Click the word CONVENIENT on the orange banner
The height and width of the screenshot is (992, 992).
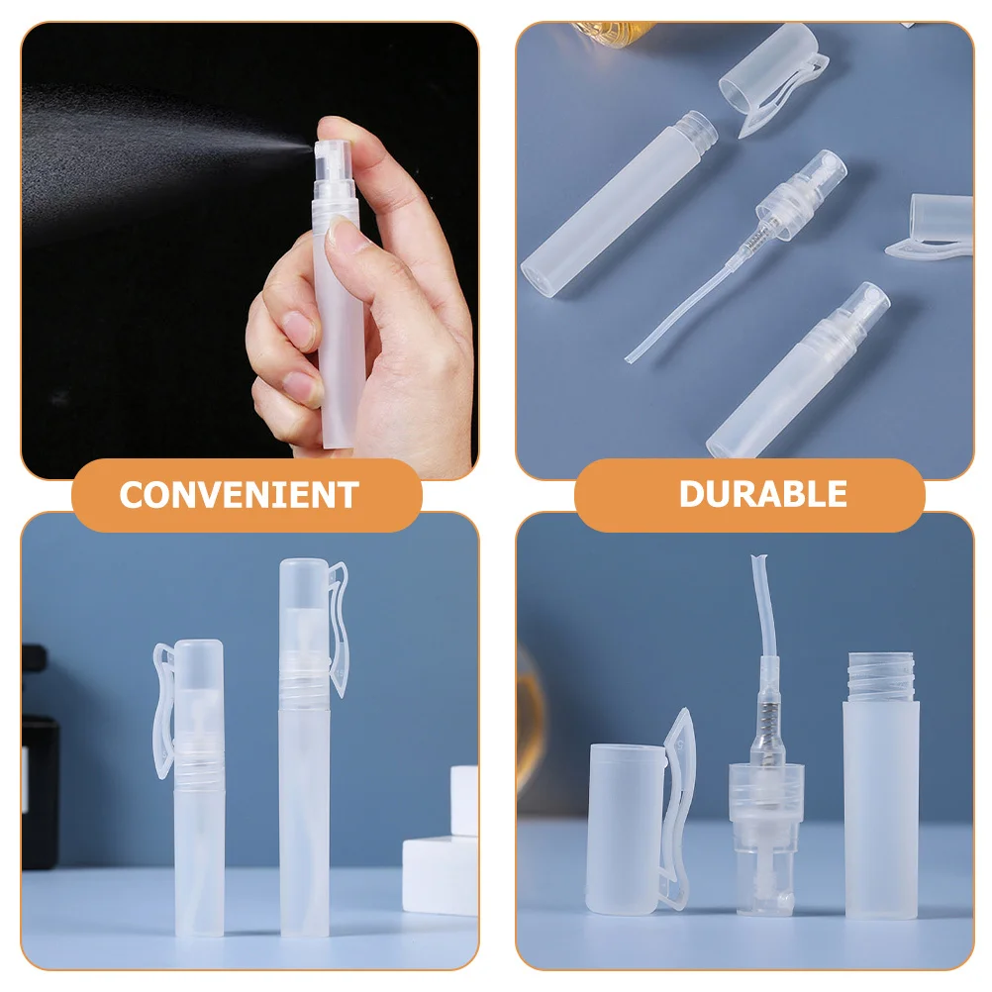pos(239,495)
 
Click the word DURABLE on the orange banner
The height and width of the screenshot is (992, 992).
pos(762,494)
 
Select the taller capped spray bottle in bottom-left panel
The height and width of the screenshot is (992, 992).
pos(304,747)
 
